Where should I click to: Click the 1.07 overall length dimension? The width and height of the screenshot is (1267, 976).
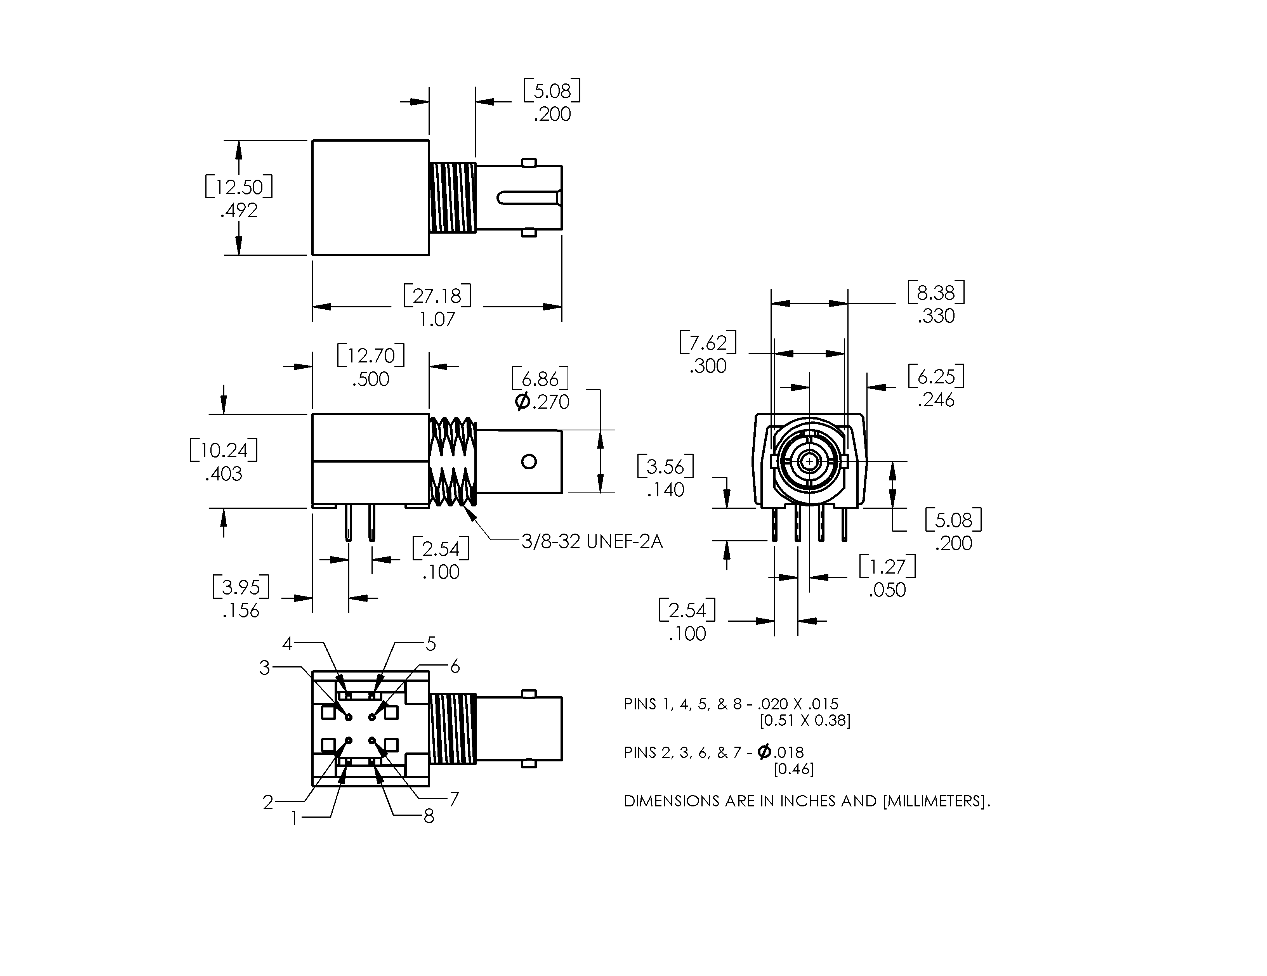click(x=437, y=319)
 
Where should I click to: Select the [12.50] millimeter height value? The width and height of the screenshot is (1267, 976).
click(x=239, y=187)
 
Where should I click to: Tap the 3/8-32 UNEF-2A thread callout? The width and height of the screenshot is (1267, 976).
click(x=592, y=542)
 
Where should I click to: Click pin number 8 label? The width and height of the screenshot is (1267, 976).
click(x=429, y=817)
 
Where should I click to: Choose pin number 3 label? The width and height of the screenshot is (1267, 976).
click(x=264, y=668)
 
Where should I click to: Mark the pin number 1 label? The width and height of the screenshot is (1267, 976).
click(x=294, y=818)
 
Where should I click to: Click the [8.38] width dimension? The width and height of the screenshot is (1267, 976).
click(x=936, y=292)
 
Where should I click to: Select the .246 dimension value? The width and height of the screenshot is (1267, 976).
click(x=936, y=400)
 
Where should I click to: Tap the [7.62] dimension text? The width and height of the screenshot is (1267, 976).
click(x=708, y=343)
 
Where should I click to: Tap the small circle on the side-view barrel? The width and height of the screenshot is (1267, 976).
click(x=528, y=462)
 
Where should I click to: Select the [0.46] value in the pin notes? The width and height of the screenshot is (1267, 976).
click(x=793, y=769)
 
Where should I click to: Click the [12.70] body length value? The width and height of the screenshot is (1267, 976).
click(x=371, y=355)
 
